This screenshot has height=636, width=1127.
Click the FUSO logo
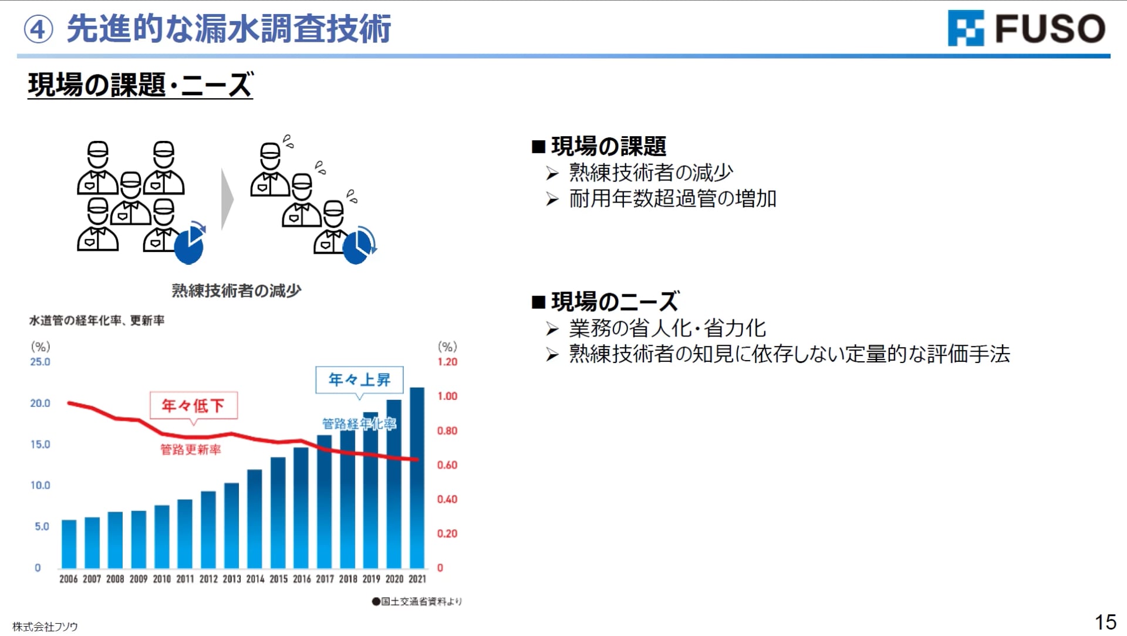[x=1026, y=28]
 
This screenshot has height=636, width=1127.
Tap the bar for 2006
[x=69, y=544]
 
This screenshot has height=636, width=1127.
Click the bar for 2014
[x=255, y=519]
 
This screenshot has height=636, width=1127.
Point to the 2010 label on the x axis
[x=161, y=579]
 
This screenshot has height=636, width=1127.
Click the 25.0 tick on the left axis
[x=41, y=362]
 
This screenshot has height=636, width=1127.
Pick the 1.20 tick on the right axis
[x=447, y=362]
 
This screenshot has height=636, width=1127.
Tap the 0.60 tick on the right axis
[x=447, y=465]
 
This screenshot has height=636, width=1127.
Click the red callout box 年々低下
[x=193, y=405]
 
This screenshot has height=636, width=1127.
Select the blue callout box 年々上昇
[x=359, y=380]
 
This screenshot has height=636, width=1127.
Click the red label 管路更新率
[x=191, y=450]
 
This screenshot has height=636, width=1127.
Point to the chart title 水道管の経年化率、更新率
[x=97, y=321]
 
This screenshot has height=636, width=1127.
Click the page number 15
[x=1105, y=622]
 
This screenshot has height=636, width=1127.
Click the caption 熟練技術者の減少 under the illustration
[x=237, y=291]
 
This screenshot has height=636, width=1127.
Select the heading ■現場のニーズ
[x=605, y=302]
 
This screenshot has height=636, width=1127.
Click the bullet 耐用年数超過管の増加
[x=673, y=198]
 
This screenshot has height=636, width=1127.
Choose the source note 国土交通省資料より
[x=417, y=601]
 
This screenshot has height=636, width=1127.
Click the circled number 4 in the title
[x=38, y=29]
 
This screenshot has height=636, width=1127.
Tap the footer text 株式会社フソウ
[x=45, y=627]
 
